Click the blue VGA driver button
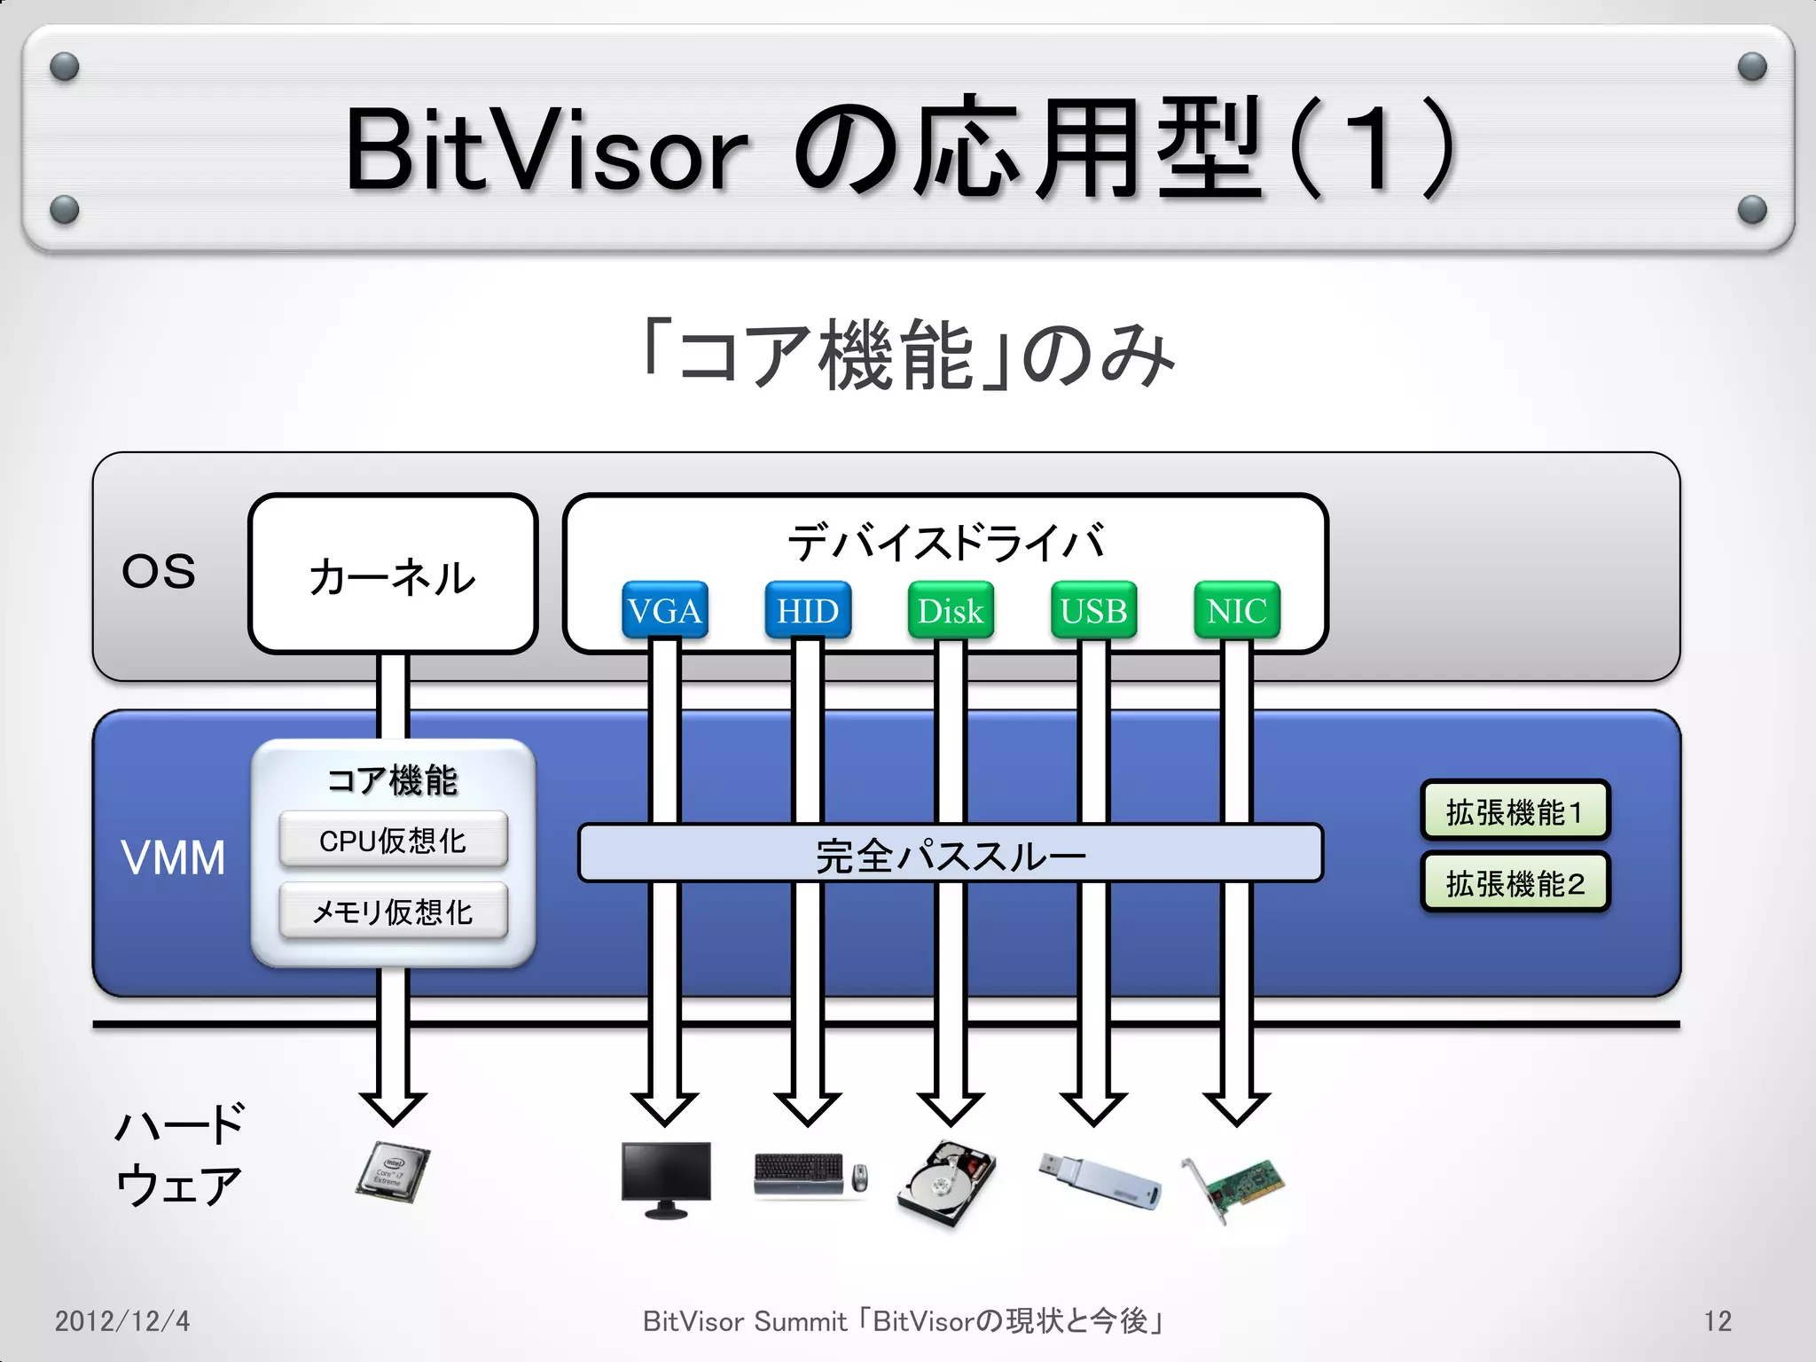tap(664, 610)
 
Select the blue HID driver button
tap(808, 610)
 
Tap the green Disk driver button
tap(951, 610)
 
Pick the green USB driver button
tap(1093, 610)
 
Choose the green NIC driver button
tap(1236, 610)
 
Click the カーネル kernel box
tap(393, 575)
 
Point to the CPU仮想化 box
tap(393, 840)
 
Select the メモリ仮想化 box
tap(393, 911)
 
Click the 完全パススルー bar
tap(950, 854)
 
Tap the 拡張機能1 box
tap(1515, 810)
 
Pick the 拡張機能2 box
tap(1515, 882)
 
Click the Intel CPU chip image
tap(393, 1172)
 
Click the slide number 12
tap(1717, 1321)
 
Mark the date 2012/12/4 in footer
tap(122, 1321)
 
